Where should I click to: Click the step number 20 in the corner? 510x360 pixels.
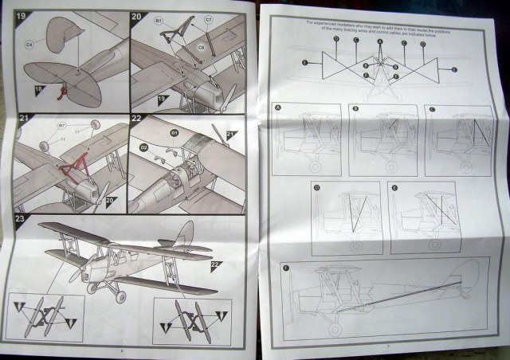(136, 17)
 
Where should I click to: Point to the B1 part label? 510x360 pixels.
(159, 18)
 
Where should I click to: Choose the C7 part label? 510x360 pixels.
(207, 19)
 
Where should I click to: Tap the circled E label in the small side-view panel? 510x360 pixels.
(392, 188)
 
